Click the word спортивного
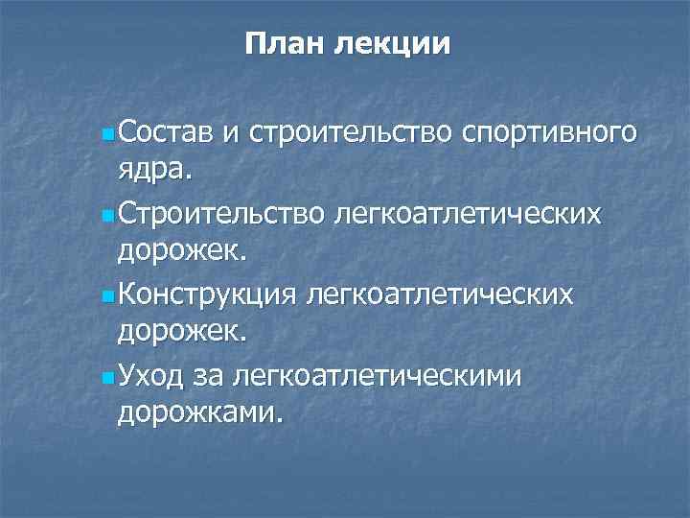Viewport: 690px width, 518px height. point(548,129)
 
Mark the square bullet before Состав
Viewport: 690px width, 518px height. point(107,130)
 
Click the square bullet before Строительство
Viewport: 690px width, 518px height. point(107,212)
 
